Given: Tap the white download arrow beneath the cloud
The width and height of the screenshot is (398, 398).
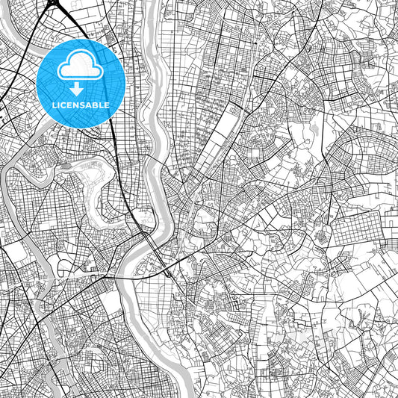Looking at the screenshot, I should [77, 90].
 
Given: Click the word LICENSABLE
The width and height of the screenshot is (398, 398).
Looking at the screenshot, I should [81, 105].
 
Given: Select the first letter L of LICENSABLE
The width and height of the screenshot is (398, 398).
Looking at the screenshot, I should [55, 105].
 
